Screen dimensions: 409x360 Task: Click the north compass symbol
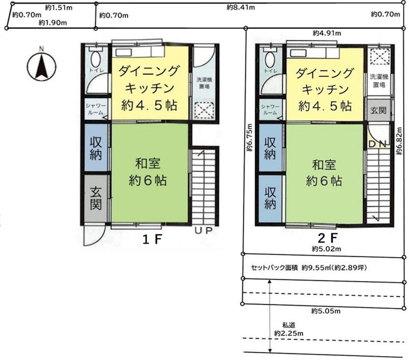pyautogui.click(x=41, y=65)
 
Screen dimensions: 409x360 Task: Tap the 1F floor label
pyautogui.click(x=152, y=239)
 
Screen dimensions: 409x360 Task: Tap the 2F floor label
pyautogui.click(x=328, y=238)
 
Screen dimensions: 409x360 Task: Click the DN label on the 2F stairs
pyautogui.click(x=379, y=144)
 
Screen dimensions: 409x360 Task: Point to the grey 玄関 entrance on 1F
pyautogui.click(x=96, y=198)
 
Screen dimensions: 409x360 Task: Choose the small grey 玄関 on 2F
pyautogui.click(x=378, y=110)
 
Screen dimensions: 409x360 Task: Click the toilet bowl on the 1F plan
pyautogui.click(x=96, y=59)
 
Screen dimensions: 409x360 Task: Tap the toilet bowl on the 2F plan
pyautogui.click(x=270, y=59)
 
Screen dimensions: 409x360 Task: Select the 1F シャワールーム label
pyautogui.click(x=96, y=109)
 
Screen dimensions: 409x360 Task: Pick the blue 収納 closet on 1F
pyautogui.click(x=96, y=148)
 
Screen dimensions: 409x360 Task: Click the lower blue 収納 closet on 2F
pyautogui.click(x=270, y=199)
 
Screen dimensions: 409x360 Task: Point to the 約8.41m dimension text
pyautogui.click(x=240, y=7)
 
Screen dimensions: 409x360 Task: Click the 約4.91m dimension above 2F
pyautogui.click(x=327, y=33)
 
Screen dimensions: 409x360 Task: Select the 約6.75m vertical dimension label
pyautogui.click(x=249, y=137)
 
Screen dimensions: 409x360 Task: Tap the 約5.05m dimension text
pyautogui.click(x=326, y=311)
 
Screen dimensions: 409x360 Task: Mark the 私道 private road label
pyautogui.click(x=289, y=325)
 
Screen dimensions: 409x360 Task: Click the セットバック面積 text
pyautogui.click(x=274, y=268)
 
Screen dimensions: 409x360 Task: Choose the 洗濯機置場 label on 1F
pyautogui.click(x=204, y=83)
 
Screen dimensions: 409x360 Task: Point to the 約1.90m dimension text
pyautogui.click(x=53, y=23)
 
